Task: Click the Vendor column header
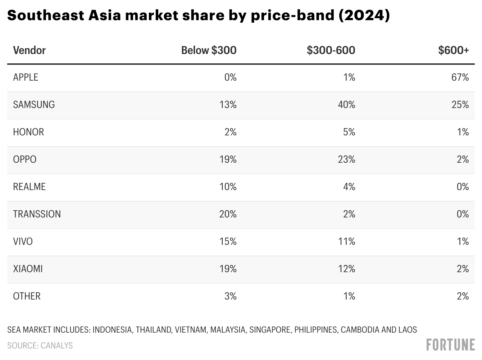29,50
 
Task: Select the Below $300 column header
209,50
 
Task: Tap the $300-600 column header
331,50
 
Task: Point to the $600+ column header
453,50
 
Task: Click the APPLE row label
26,77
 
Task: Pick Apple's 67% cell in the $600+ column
460,77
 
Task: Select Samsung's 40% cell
346,104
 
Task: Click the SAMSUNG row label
34,104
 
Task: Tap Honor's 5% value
349,132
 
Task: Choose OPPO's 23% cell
346,159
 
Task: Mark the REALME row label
29,186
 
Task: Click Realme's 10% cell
228,186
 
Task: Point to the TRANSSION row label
37,214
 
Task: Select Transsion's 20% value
228,214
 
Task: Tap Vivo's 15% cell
228,241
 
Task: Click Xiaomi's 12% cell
346,269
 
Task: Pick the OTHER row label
27,296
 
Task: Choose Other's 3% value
230,296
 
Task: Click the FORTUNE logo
450,345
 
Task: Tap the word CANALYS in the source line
56,346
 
